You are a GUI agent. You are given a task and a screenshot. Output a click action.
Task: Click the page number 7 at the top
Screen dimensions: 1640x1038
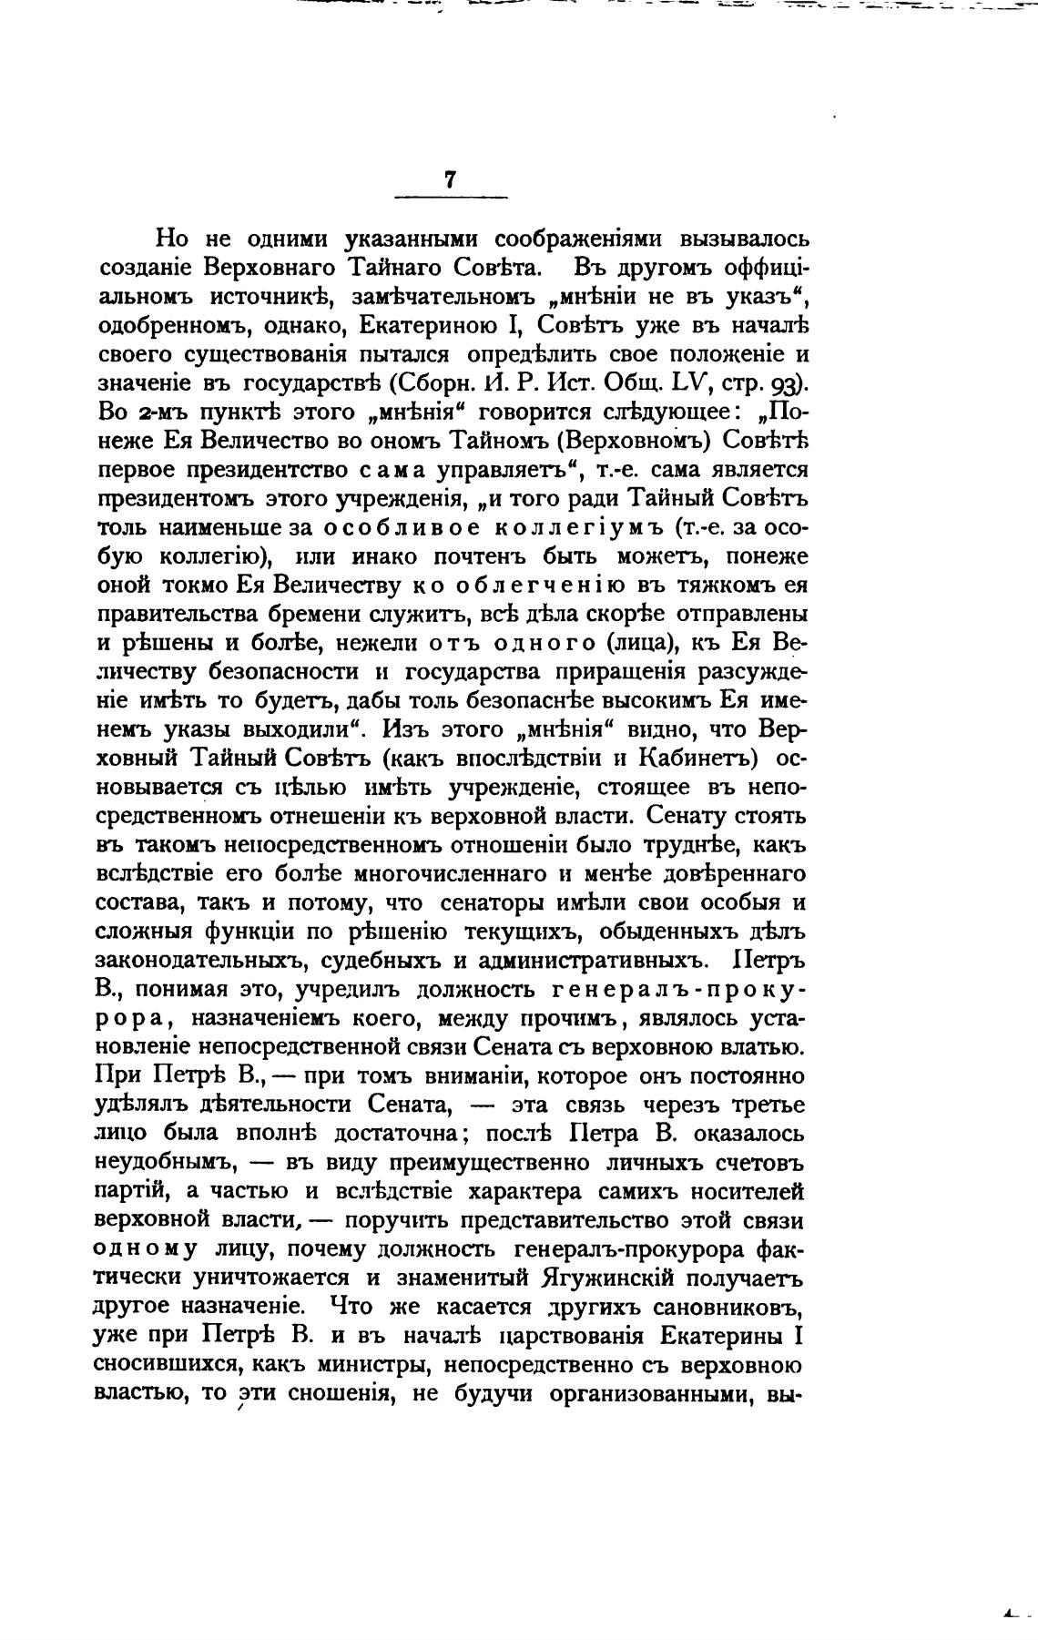(450, 180)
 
